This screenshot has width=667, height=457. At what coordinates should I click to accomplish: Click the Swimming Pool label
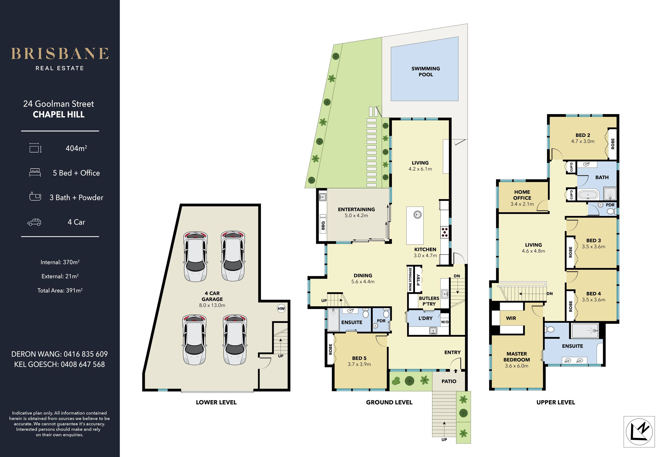(426, 72)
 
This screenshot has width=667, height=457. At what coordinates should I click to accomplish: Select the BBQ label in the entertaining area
(323, 225)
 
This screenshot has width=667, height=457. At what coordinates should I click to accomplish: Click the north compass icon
(639, 431)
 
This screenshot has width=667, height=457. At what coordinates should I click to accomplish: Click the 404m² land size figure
(76, 148)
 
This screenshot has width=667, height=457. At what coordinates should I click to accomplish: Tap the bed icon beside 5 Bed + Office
(35, 173)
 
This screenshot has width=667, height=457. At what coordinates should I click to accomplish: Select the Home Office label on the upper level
(522, 195)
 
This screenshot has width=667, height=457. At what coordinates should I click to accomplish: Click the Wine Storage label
(410, 279)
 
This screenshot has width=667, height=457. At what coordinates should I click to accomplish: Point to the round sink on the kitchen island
(417, 215)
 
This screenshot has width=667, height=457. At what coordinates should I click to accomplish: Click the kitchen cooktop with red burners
(445, 232)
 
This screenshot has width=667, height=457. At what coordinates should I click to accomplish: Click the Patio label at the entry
(449, 381)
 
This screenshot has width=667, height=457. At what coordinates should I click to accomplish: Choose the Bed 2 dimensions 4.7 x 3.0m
(583, 141)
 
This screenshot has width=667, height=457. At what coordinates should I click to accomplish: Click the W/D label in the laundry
(445, 322)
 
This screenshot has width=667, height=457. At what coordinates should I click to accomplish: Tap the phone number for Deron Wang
(86, 354)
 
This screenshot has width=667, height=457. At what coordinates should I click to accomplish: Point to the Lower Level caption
(216, 402)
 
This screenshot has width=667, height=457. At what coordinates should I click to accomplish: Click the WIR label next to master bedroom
(511, 318)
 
